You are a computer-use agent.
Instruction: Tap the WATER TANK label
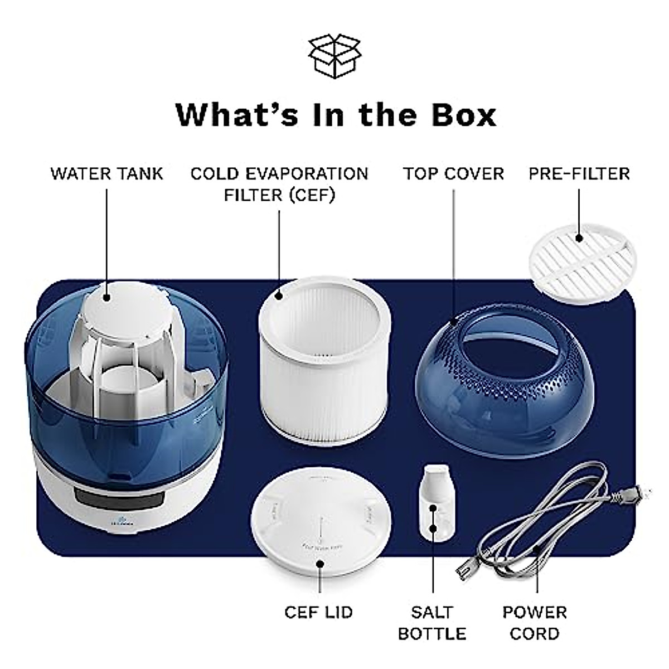(107, 173)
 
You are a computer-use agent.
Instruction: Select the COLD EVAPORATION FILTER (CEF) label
(279, 184)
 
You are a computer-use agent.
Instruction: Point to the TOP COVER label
(453, 173)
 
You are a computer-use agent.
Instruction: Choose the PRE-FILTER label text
(579, 173)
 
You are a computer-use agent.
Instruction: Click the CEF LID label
(318, 612)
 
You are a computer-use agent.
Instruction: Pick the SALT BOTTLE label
(432, 623)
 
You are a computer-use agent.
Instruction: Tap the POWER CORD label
(534, 623)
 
